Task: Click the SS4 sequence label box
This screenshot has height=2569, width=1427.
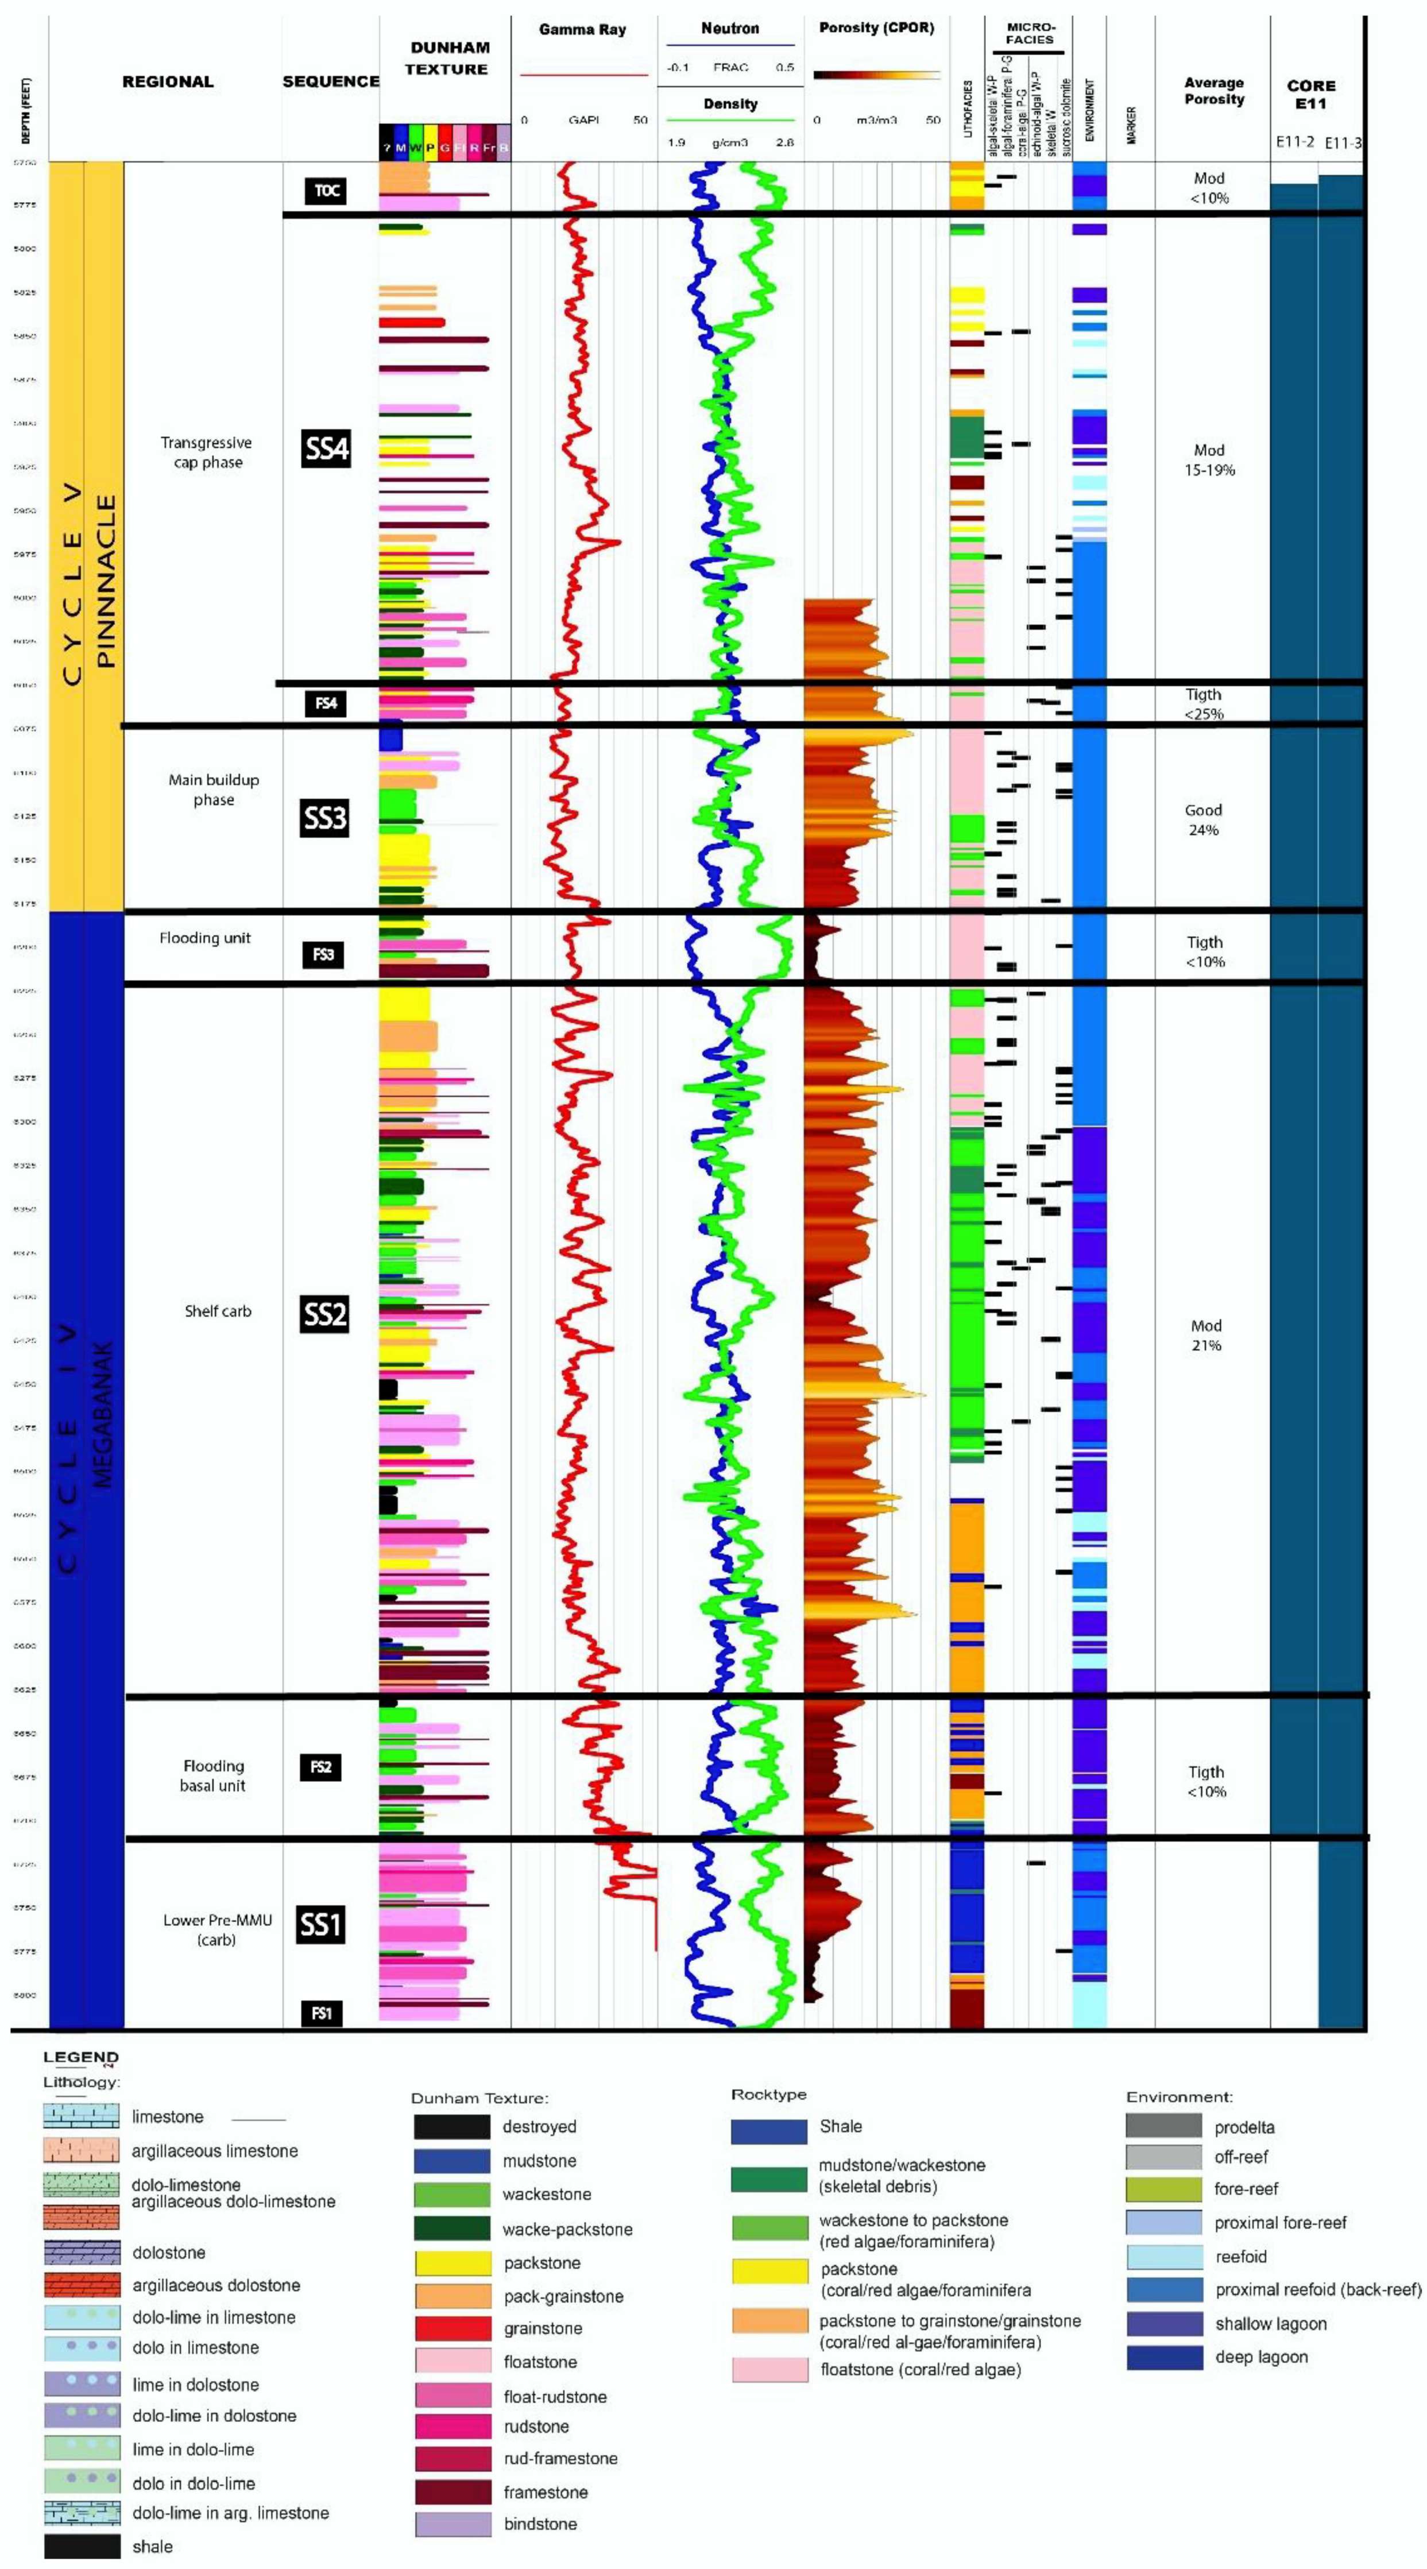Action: tap(326, 449)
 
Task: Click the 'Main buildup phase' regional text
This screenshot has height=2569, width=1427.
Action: tap(214, 790)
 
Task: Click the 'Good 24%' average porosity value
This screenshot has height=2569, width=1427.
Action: tap(1204, 820)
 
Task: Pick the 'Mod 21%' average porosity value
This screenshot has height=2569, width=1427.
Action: tap(1205, 1336)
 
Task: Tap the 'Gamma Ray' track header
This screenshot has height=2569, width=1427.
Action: tap(582, 30)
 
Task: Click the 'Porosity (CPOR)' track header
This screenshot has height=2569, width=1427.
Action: tap(876, 28)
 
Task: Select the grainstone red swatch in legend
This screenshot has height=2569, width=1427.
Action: tap(453, 2328)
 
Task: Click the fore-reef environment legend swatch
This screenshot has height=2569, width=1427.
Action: tap(1164, 2189)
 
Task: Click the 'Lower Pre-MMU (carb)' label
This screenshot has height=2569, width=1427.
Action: tap(216, 1930)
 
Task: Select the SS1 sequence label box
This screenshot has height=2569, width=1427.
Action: tap(321, 1924)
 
